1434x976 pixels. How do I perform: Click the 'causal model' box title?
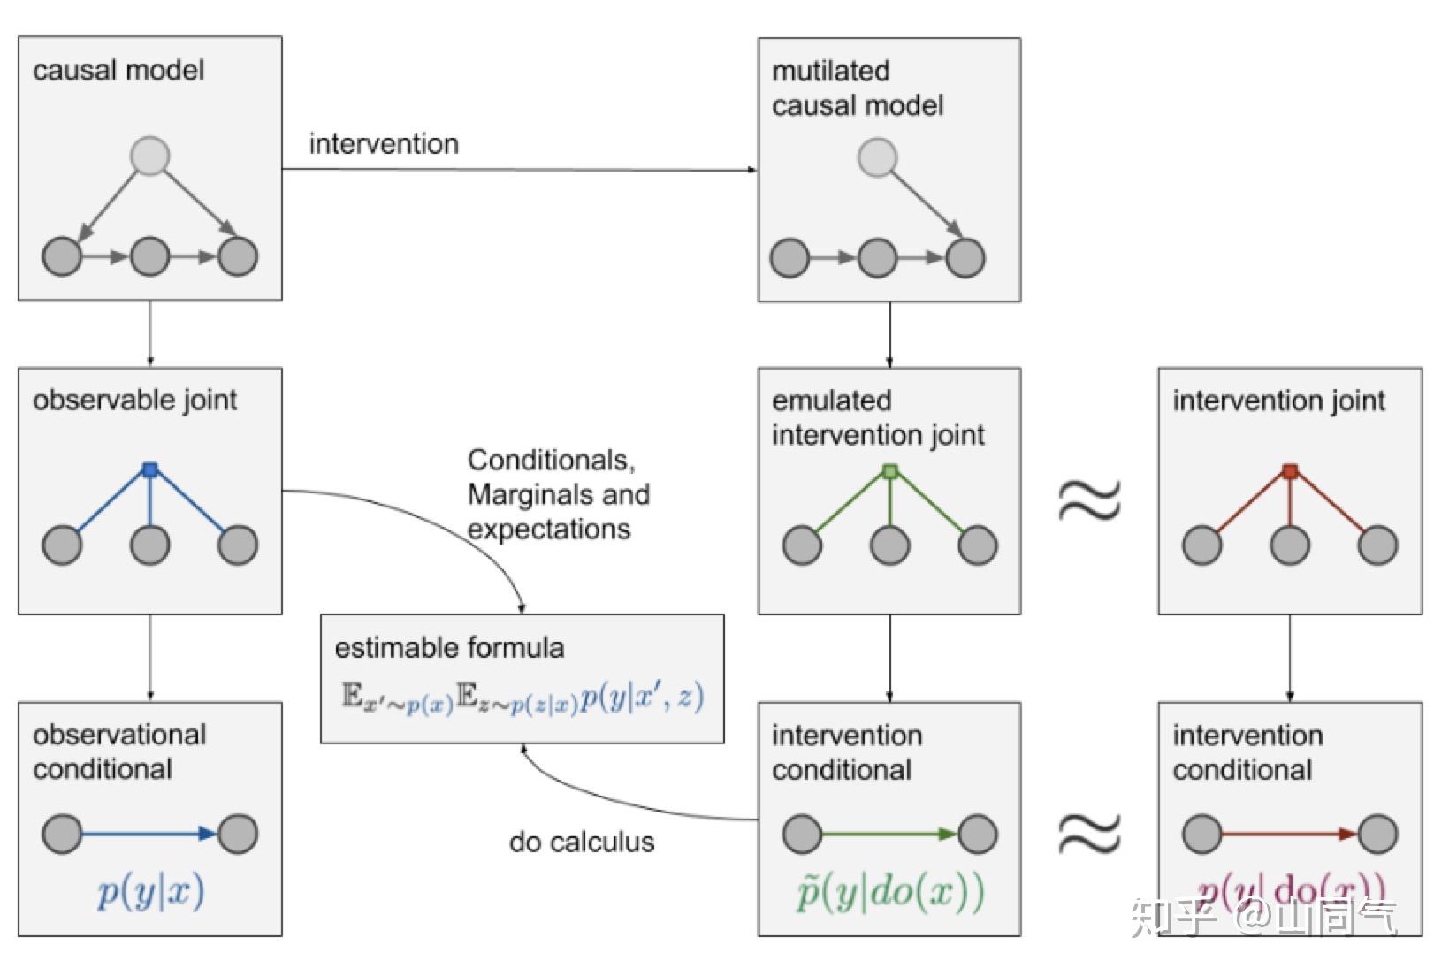point(118,70)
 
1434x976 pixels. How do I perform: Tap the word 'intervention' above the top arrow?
point(384,143)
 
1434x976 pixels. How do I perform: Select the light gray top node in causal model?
point(149,156)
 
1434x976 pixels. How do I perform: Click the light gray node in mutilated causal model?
point(877,158)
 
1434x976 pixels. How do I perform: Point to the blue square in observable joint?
point(149,470)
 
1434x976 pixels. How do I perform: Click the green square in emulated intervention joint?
point(889,472)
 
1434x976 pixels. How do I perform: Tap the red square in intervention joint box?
point(1290,472)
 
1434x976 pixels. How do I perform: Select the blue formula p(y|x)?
point(150,891)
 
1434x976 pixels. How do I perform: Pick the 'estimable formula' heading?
point(448,648)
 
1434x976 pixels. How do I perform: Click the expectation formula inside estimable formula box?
point(522,698)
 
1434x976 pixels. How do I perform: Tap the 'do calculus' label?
point(581,842)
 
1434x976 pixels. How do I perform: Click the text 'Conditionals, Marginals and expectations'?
point(557,494)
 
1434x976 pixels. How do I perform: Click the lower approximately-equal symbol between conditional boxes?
point(1089,833)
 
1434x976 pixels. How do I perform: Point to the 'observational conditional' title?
point(118,751)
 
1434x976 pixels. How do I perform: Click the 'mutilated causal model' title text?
point(856,88)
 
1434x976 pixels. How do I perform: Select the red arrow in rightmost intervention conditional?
point(1289,834)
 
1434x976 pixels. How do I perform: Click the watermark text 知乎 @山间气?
point(1264,918)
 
